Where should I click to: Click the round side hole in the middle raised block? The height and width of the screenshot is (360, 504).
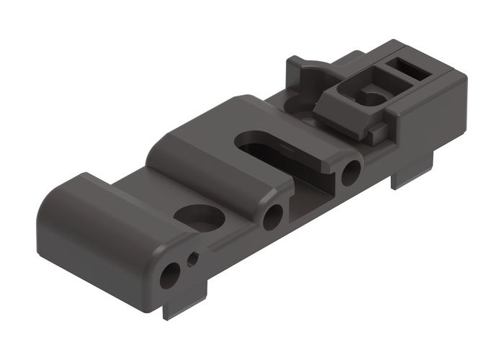click(273, 216)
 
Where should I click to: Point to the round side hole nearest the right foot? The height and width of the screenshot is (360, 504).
click(351, 172)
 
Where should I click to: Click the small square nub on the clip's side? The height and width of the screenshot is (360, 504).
click(377, 133)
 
